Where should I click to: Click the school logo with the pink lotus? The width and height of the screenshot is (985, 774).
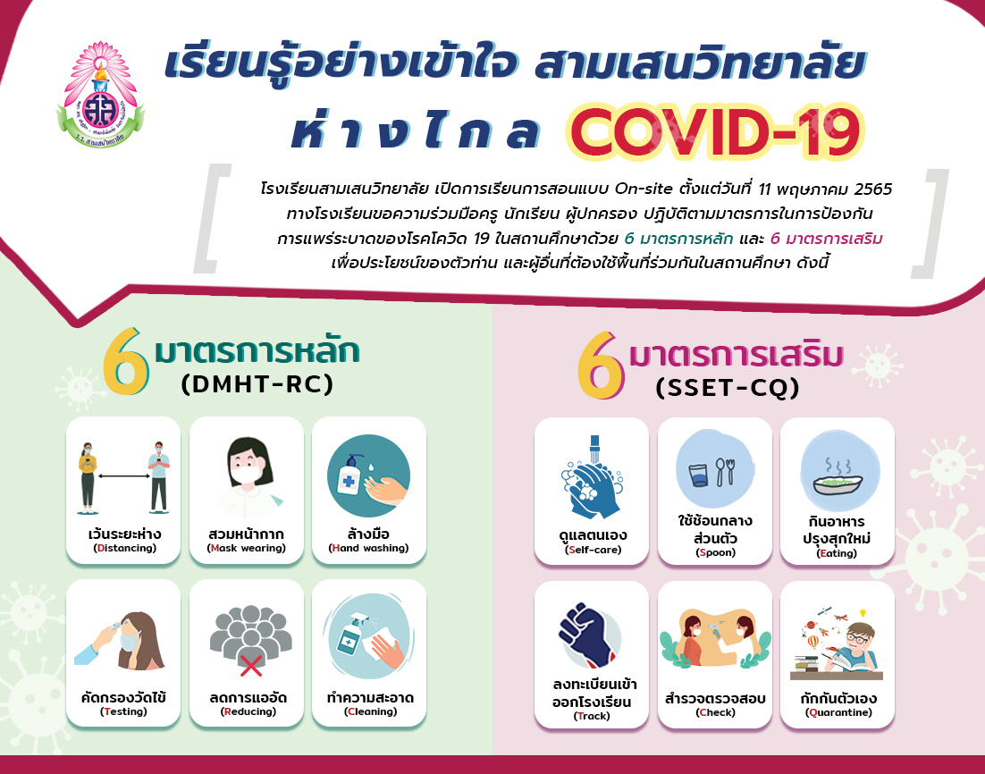tap(100, 94)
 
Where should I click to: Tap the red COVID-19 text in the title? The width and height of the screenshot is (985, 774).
tap(714, 133)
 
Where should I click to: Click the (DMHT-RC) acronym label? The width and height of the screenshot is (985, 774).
tap(257, 383)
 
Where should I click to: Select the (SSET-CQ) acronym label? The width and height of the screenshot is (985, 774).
tap(728, 388)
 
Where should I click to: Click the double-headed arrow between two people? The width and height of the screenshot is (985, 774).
tap(123, 476)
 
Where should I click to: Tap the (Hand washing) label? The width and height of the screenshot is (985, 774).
tap(369, 548)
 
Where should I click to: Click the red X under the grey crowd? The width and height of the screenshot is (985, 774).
tap(250, 666)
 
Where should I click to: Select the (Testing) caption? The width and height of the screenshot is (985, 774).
tap(123, 711)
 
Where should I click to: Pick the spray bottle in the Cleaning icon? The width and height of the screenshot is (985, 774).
tap(353, 635)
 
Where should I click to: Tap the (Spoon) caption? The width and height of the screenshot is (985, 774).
tap(715, 553)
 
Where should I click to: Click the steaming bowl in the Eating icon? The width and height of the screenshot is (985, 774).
tap(838, 484)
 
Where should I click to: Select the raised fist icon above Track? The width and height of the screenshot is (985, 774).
tap(585, 635)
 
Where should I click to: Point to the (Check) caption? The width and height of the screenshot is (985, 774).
tap(715, 712)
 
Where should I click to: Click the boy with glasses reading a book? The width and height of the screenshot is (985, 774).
tap(848, 651)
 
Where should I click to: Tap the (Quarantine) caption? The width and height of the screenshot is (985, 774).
tap(838, 712)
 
